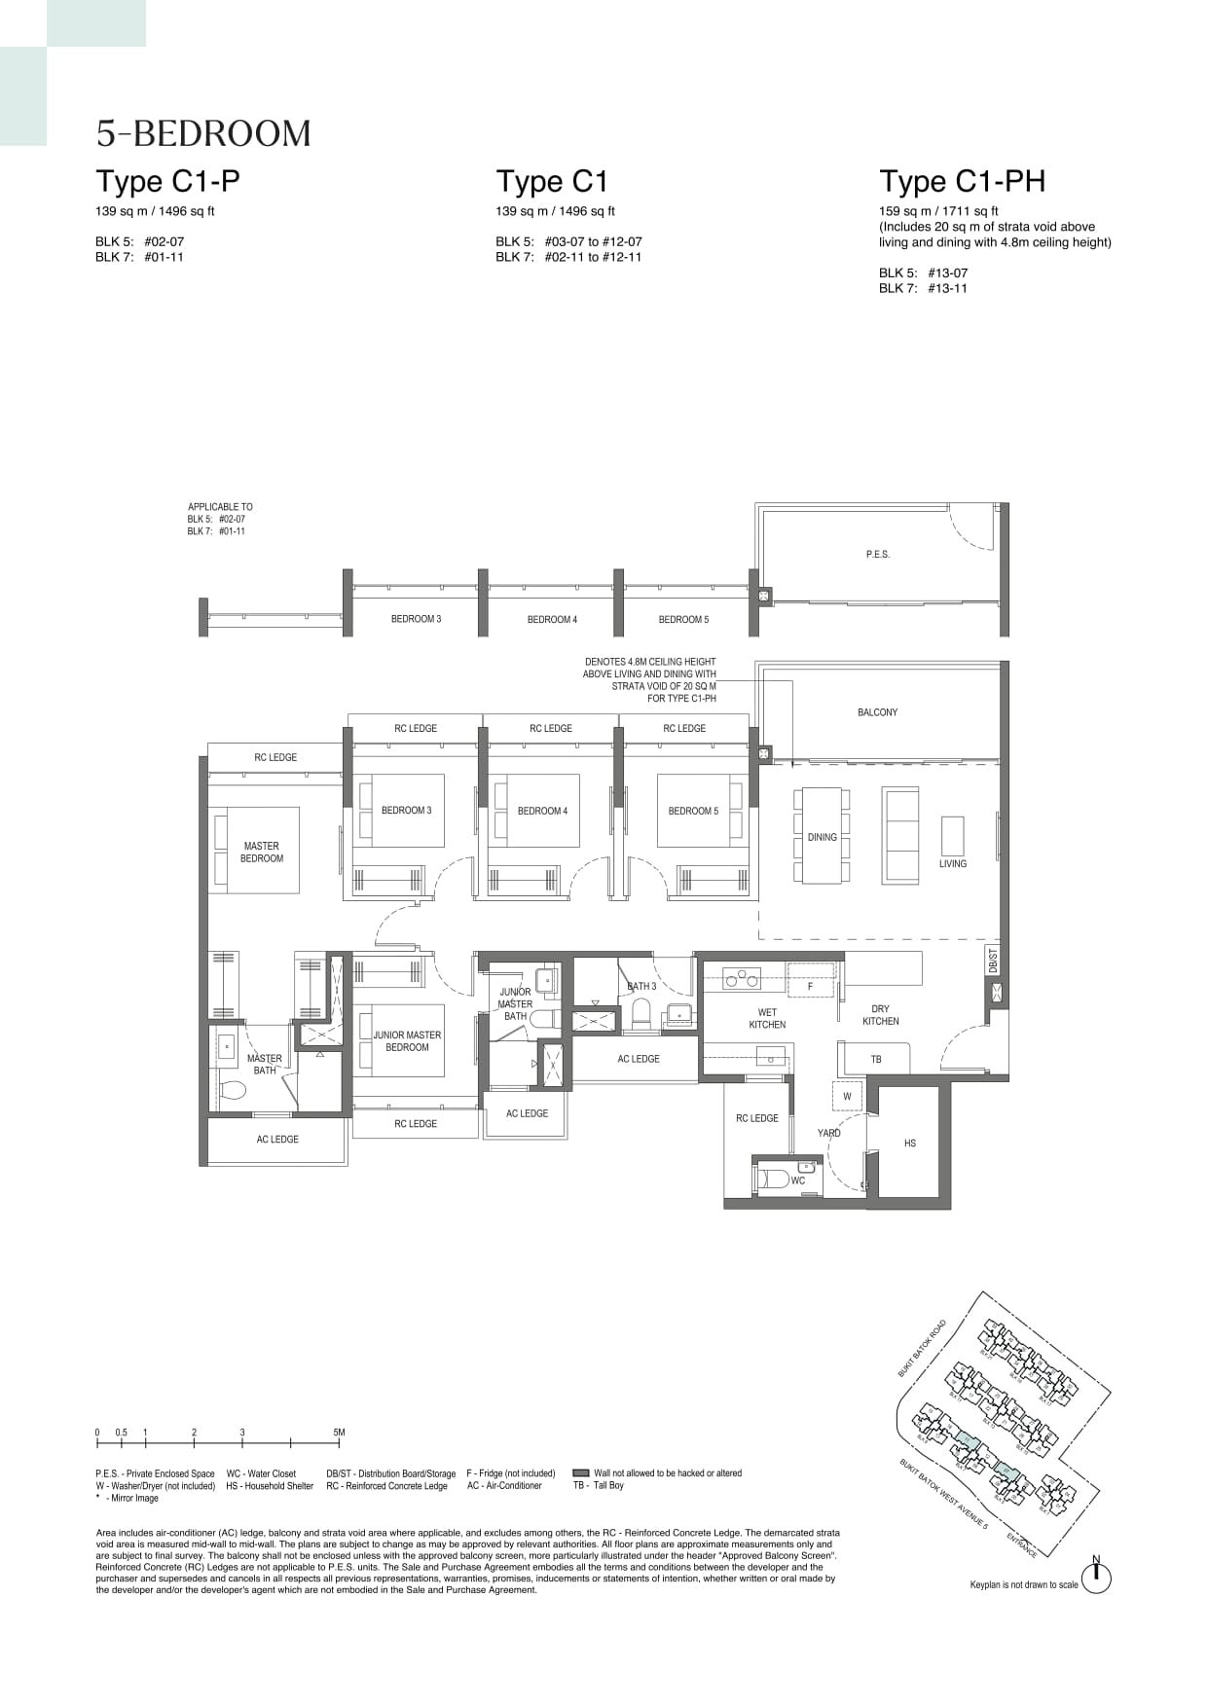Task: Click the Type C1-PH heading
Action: [x=962, y=182]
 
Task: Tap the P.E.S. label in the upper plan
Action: [x=877, y=555]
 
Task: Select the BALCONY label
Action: [x=877, y=712]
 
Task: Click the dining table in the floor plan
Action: [x=822, y=836]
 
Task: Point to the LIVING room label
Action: [x=952, y=864]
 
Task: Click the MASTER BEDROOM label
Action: [x=262, y=853]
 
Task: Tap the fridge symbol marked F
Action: [x=810, y=986]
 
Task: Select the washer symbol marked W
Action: [x=847, y=1096]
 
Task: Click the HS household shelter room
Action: [x=909, y=1143]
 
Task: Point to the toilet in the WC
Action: [x=774, y=1180]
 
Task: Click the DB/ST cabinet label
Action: [x=993, y=961]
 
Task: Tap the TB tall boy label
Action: [x=876, y=1059]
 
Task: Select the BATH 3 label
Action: [x=641, y=986]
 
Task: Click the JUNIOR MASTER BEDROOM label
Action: [x=407, y=1041]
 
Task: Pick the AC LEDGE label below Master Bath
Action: [x=277, y=1140]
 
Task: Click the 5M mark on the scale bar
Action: [x=339, y=1433]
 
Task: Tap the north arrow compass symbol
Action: [x=1096, y=1578]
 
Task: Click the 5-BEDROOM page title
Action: [x=203, y=133]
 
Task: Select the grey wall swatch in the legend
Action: [x=581, y=1473]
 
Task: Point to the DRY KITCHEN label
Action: [x=880, y=1015]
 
